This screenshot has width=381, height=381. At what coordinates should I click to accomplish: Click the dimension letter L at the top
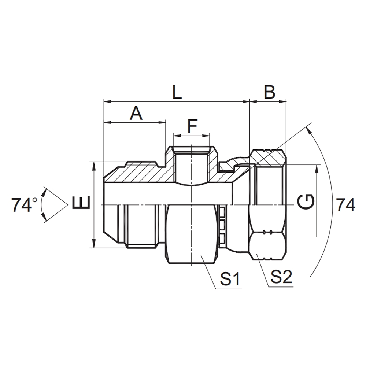pyautogui.click(x=177, y=93)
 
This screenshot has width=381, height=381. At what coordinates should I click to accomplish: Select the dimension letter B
pyautogui.click(x=269, y=93)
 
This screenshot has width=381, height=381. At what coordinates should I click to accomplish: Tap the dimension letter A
pyautogui.click(x=136, y=114)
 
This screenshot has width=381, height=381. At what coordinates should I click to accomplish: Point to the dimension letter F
pyautogui.click(x=192, y=127)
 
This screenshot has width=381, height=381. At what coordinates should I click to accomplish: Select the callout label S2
pyautogui.click(x=281, y=278)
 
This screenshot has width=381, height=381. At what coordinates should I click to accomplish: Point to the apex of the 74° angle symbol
pyautogui.click(x=68, y=204)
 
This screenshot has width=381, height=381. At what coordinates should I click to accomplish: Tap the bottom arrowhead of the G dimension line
pyautogui.click(x=317, y=235)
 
